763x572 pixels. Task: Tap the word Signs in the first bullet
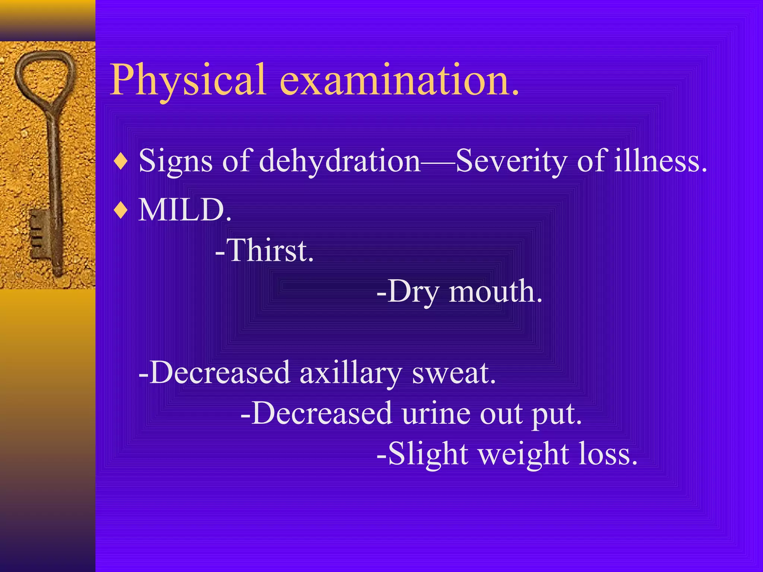tap(175, 161)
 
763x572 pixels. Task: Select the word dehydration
tap(339, 161)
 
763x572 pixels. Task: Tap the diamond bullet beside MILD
tap(121, 211)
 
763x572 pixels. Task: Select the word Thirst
tap(270, 251)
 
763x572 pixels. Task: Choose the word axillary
tap(350, 373)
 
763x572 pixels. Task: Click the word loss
tap(607, 454)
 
